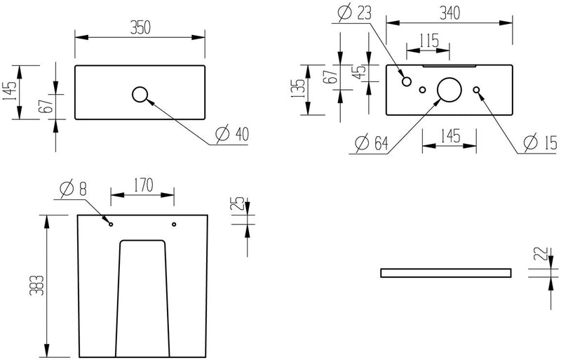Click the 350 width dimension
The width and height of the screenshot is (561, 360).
tap(139, 27)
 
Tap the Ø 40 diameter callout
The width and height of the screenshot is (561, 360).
tap(231, 134)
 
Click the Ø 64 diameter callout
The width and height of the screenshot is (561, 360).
tap(371, 143)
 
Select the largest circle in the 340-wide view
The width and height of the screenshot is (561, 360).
tap(450, 90)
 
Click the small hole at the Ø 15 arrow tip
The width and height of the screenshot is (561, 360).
tap(477, 90)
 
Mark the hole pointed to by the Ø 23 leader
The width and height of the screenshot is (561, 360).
tap(406, 82)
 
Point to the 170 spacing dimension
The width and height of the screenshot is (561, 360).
tap(142, 187)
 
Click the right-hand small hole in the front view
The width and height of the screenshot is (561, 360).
tap(174, 225)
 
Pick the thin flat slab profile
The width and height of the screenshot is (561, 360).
tap(445, 272)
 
